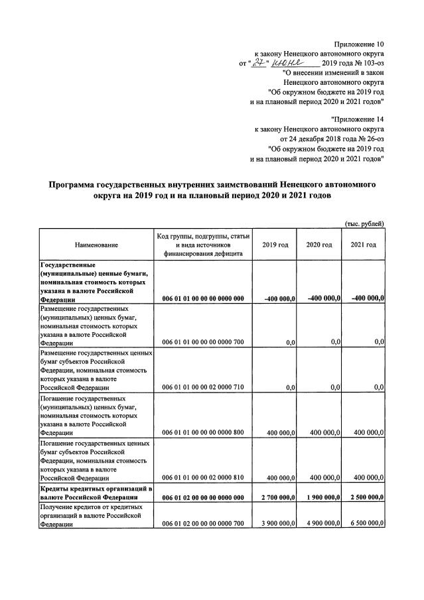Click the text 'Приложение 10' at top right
pyautogui.click(x=359, y=43)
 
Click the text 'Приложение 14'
pyautogui.click(x=358, y=119)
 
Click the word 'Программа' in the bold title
pyautogui.click(x=76, y=186)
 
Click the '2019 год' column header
pyautogui.click(x=275, y=245)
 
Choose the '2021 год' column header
pyautogui.click(x=363, y=245)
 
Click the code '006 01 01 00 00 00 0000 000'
pyautogui.click(x=202, y=298)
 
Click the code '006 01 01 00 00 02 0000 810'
pyautogui.click(x=202, y=477)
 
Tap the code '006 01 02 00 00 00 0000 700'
pyautogui.click(x=202, y=523)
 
